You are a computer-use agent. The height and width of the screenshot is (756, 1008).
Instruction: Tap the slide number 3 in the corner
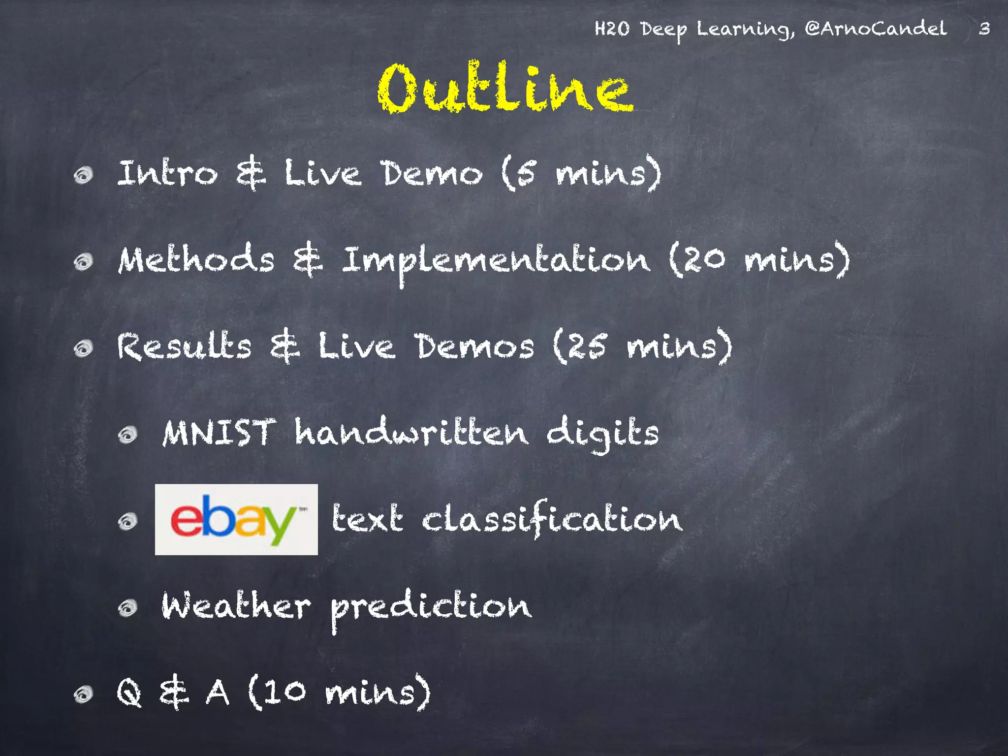tap(984, 29)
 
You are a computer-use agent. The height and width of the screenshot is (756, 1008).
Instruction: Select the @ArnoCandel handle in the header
tap(876, 28)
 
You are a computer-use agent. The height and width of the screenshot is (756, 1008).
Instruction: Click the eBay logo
tap(236, 519)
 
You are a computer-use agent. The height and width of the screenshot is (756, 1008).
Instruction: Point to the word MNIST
tap(219, 433)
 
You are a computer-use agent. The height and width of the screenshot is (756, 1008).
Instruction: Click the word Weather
tap(236, 605)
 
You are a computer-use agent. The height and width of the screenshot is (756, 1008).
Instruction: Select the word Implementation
tap(496, 261)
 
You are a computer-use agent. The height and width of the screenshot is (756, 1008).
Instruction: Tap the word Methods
tap(196, 259)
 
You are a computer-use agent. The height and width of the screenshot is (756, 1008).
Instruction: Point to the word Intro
tap(167, 173)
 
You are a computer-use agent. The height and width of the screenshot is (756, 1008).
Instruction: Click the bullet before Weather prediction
tap(128, 608)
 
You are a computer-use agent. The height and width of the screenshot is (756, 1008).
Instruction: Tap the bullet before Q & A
tap(83, 694)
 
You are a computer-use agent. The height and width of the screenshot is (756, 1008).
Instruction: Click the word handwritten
tap(411, 433)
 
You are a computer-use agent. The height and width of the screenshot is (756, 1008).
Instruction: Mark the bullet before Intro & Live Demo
tap(83, 175)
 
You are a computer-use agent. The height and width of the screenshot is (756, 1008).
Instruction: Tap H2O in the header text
tap(611, 29)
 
